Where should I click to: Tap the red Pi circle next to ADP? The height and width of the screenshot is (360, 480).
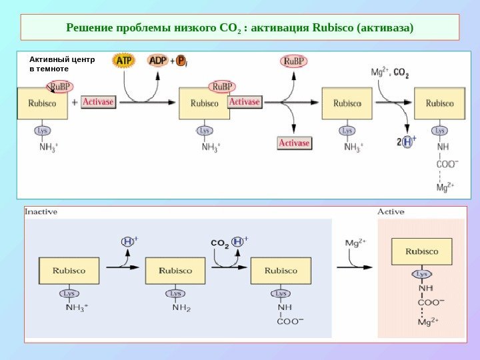pos(181,61)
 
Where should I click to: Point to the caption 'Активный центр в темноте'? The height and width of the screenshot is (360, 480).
pos(62,63)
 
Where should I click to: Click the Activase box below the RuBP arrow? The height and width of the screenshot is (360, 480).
pos(294,143)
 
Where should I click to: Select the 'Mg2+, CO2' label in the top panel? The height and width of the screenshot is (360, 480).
pos(390,73)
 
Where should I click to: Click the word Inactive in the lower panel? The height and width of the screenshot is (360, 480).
pos(41,212)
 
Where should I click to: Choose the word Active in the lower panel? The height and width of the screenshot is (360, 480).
pos(391,212)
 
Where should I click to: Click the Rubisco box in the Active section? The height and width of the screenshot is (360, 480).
pos(422,252)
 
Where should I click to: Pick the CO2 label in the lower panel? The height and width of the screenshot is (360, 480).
pos(220,243)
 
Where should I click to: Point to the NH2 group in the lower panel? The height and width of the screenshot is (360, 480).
pos(182,307)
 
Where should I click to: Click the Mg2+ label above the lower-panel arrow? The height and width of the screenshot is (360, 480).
pos(355,243)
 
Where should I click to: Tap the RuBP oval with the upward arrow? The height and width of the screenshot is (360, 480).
pos(294,62)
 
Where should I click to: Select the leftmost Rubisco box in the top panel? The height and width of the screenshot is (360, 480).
pos(42,103)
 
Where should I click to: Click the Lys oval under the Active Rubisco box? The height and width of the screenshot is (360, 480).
pos(422,274)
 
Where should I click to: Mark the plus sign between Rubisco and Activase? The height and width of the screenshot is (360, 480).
pos(74,102)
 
